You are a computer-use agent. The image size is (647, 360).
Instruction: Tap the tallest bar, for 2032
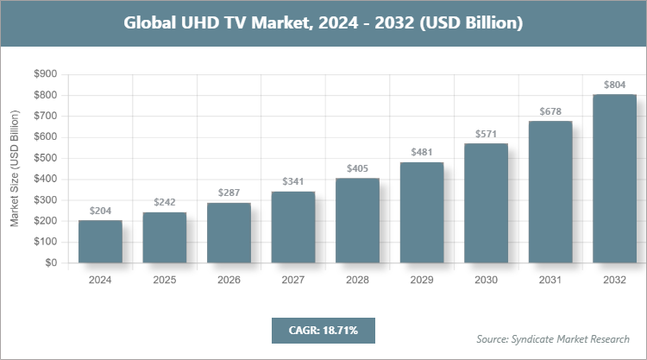614,179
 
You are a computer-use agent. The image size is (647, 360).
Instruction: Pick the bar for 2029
422,212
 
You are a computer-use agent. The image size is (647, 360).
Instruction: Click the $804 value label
614,85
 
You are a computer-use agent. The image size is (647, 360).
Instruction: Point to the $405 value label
358,169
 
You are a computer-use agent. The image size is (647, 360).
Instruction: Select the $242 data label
165,203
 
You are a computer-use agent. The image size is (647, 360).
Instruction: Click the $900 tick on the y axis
45,74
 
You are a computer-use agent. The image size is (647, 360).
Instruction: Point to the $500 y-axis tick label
45,158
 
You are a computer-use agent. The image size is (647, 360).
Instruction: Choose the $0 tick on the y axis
51,262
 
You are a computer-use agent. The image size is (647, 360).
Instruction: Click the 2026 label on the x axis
229,281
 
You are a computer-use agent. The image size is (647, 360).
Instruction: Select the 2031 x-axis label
550,281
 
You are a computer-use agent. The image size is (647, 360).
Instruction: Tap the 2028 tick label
358,281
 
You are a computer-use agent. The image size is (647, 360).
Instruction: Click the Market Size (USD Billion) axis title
15,168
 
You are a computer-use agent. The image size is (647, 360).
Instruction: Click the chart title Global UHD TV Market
323,23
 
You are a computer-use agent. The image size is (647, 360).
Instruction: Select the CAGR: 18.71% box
323,330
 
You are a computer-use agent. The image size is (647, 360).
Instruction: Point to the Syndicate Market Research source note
553,338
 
